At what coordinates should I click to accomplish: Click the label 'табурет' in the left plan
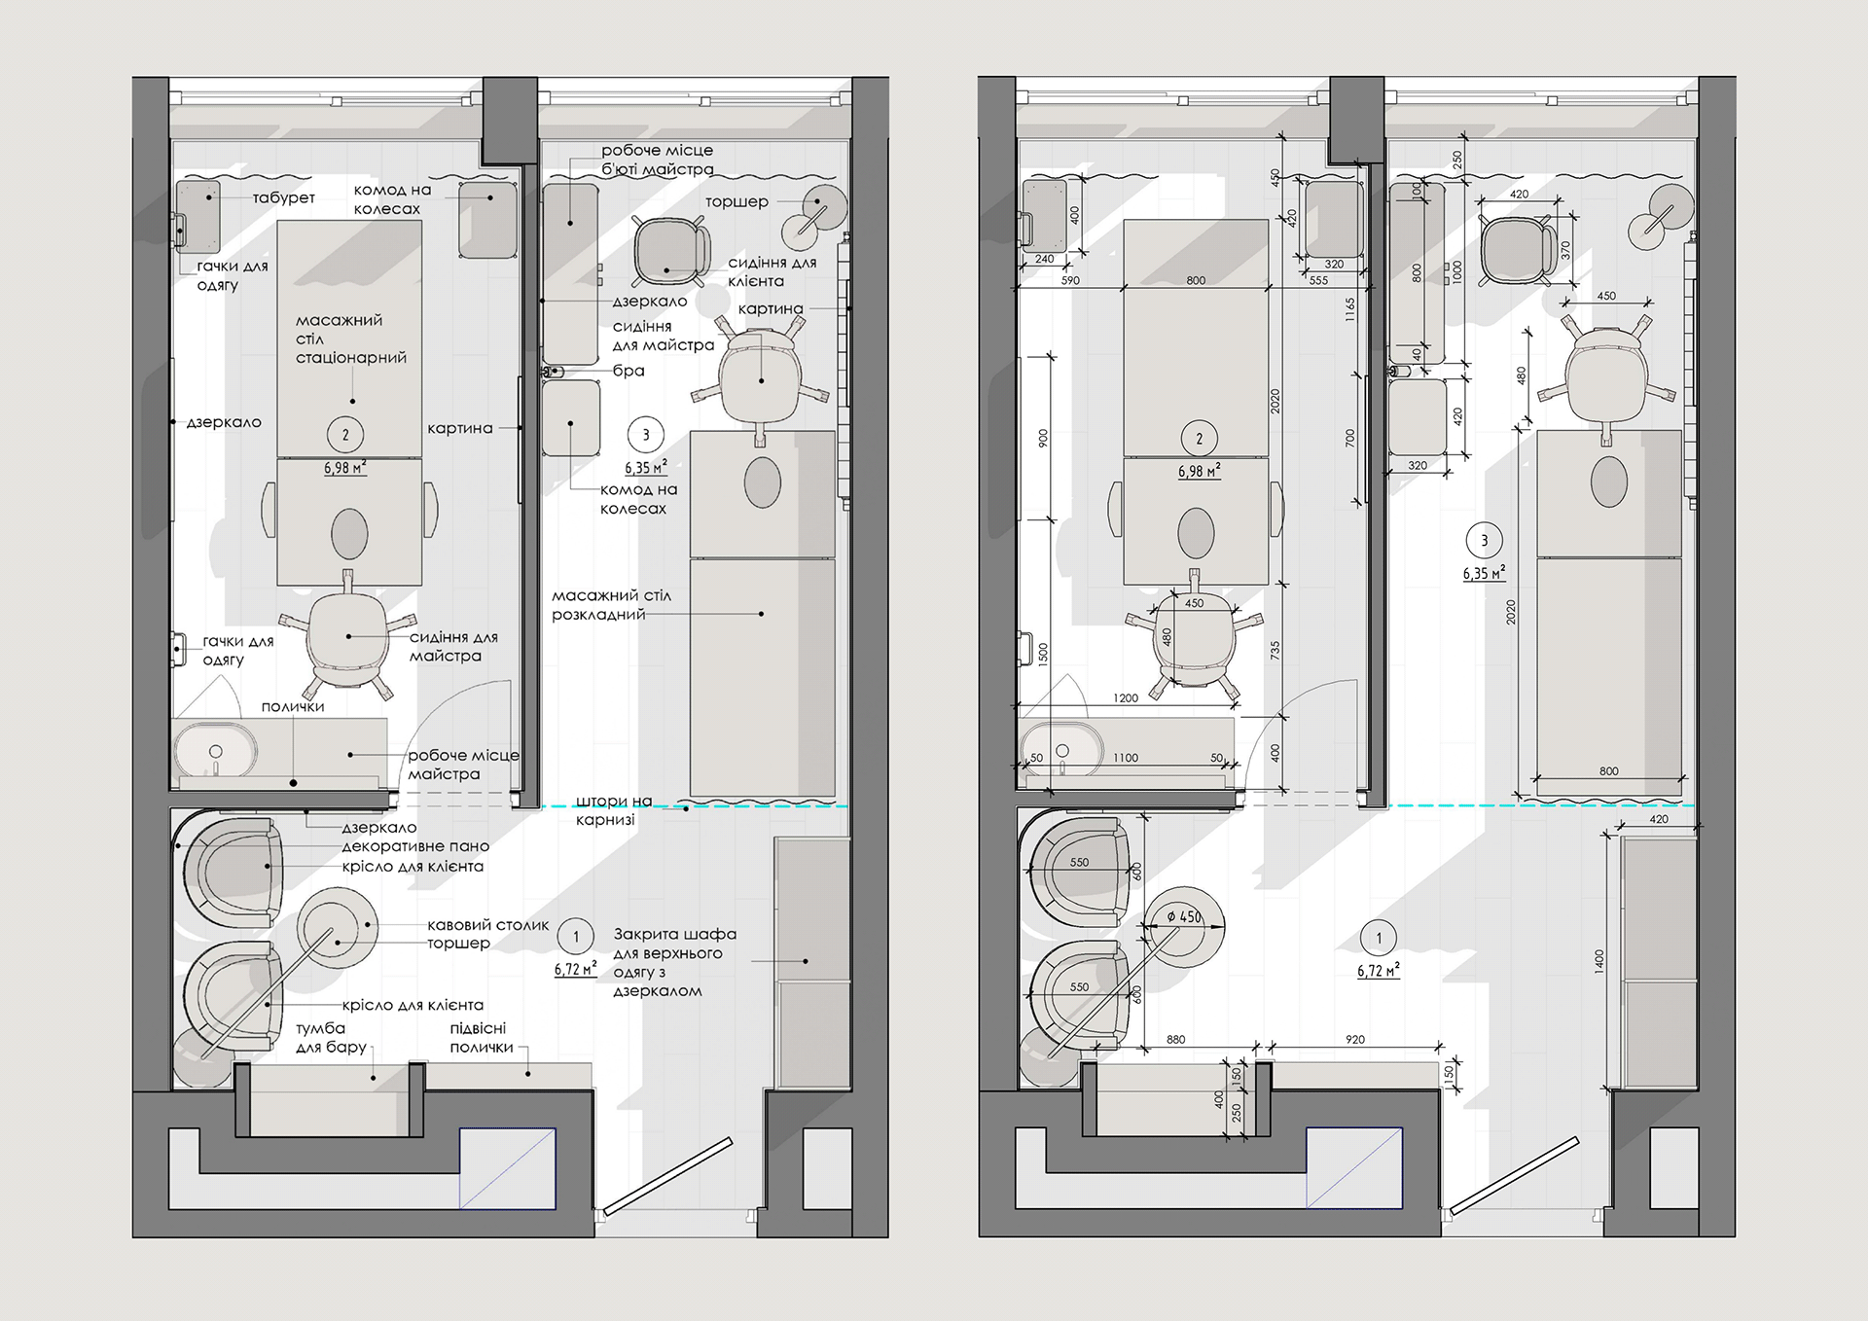pos(284,197)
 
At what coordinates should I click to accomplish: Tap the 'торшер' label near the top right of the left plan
pos(736,201)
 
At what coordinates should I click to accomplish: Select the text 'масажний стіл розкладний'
pos(611,604)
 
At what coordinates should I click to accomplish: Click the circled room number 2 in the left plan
pos(345,435)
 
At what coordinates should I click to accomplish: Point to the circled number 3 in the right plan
pos(1484,541)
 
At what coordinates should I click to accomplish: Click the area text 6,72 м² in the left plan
pos(575,969)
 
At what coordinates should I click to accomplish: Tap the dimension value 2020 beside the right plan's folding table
pos(1511,613)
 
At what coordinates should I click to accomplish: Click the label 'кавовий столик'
pos(488,925)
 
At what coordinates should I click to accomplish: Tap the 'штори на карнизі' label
pos(614,810)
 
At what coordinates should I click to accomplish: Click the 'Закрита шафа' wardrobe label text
pos(674,934)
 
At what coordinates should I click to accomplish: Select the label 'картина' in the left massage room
pos(459,428)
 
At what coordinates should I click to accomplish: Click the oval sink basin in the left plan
pos(216,752)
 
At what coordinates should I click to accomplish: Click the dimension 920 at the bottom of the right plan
pos(1354,1040)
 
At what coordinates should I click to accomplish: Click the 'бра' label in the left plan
pos(629,371)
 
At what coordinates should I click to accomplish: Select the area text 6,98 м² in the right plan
pos(1200,472)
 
